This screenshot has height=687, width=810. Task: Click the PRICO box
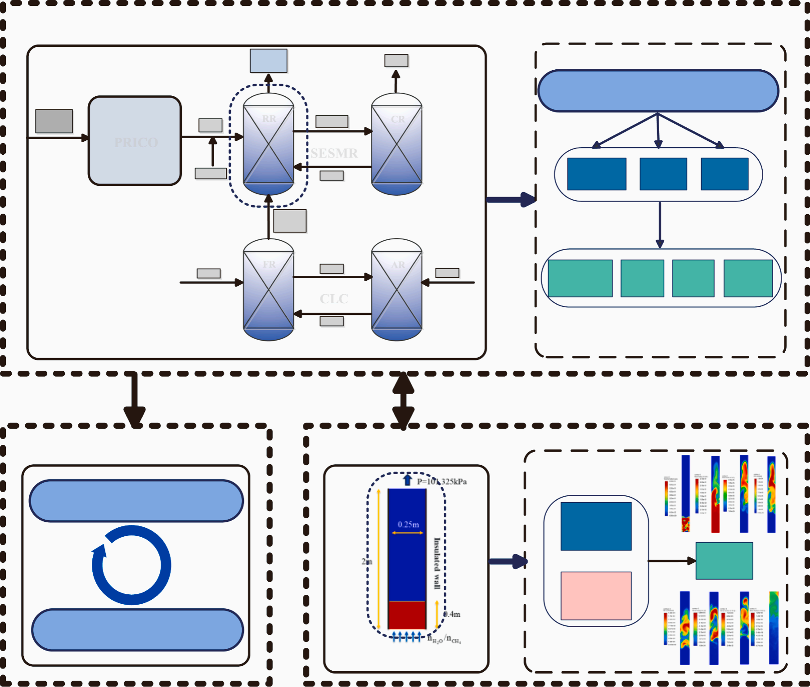click(135, 141)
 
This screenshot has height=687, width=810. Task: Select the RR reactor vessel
click(269, 144)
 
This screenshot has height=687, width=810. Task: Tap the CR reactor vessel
click(396, 144)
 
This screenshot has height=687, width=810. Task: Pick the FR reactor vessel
click(269, 290)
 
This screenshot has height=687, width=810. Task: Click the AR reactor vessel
click(396, 290)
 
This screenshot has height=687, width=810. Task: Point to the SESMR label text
click(334, 153)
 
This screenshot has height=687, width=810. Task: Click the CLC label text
click(334, 299)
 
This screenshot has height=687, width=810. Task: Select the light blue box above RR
click(269, 61)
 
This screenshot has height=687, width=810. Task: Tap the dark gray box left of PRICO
click(54, 121)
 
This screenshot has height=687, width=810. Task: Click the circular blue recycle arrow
click(131, 565)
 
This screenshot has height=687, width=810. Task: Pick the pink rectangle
click(596, 596)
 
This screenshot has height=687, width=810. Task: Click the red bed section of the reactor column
click(407, 615)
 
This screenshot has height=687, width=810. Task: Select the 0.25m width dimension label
click(408, 525)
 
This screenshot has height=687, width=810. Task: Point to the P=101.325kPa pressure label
click(441, 482)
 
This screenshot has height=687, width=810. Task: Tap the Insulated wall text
click(436, 563)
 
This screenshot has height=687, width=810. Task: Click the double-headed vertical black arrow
click(403, 400)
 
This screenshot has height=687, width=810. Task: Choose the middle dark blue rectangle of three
click(663, 174)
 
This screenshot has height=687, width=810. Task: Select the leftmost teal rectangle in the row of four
click(580, 278)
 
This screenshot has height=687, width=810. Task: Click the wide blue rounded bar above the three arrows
click(658, 91)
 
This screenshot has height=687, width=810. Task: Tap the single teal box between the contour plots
click(724, 561)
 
